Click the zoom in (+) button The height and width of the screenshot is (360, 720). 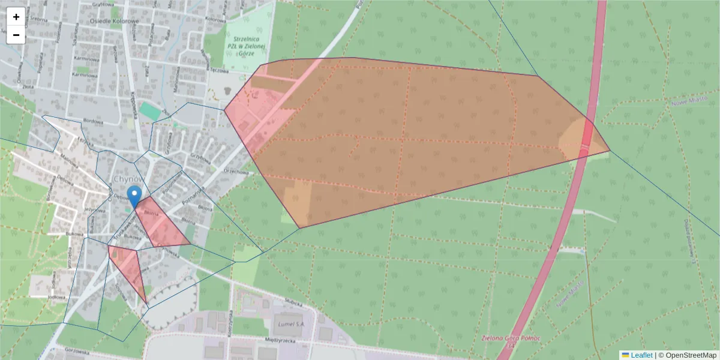16,17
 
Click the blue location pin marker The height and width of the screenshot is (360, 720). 135,196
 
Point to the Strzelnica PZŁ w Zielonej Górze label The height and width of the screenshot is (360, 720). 247,45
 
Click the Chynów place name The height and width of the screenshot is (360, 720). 128,179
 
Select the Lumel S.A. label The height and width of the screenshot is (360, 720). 290,324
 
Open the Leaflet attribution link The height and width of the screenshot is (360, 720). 641,355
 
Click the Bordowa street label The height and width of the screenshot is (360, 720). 94,121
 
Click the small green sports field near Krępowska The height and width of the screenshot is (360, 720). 150,111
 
